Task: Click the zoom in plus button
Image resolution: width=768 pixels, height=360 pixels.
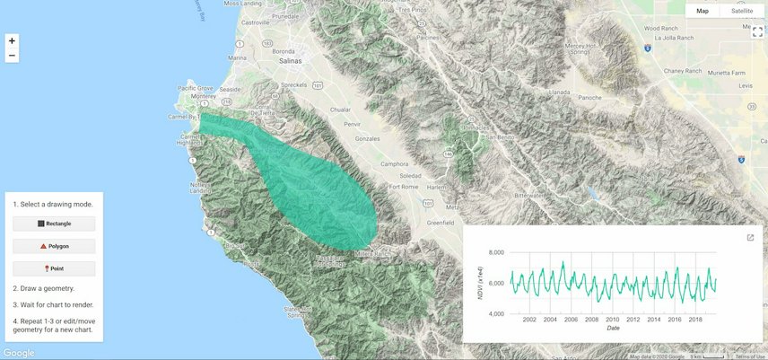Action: (x=12, y=40)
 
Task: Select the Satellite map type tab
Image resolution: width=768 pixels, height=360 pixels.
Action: (x=742, y=11)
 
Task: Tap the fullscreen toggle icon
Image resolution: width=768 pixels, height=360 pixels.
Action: (x=757, y=31)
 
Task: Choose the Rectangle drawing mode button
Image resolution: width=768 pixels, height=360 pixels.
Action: (x=54, y=224)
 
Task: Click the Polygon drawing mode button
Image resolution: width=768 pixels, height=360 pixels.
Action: (x=54, y=246)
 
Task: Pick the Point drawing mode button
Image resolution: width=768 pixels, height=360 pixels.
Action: (x=54, y=268)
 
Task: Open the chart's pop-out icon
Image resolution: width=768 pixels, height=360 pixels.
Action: (x=750, y=238)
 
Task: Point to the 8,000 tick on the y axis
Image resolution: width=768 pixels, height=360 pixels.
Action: (x=493, y=253)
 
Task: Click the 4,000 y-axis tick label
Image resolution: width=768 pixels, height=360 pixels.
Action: (x=493, y=314)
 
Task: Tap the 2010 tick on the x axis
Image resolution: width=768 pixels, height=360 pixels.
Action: (x=612, y=320)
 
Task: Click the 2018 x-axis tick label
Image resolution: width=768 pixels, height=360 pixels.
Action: (x=695, y=320)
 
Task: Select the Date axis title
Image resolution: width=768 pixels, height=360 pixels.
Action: (x=613, y=329)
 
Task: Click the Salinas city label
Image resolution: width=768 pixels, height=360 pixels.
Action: (x=290, y=62)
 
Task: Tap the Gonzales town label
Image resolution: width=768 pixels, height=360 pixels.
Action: (x=369, y=140)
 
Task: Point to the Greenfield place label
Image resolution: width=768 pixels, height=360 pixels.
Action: (x=441, y=222)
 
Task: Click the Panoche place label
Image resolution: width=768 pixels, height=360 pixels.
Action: (x=589, y=97)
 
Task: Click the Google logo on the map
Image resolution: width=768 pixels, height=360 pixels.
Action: (x=19, y=353)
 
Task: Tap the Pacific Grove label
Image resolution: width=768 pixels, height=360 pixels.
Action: (x=196, y=89)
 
